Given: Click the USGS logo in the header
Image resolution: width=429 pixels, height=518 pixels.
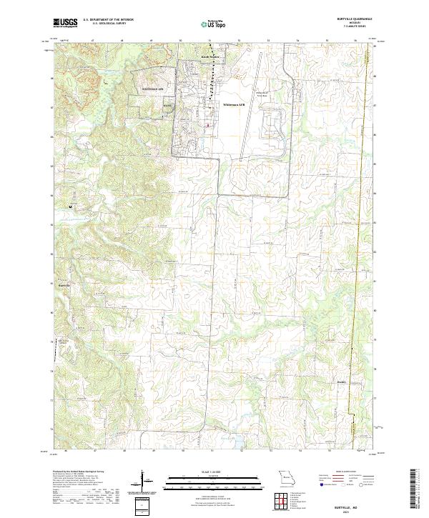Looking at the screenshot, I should point(65,22).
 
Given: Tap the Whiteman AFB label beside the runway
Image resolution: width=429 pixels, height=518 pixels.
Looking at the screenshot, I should point(234,104).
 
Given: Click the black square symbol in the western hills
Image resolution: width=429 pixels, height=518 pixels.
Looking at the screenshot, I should point(70,207).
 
